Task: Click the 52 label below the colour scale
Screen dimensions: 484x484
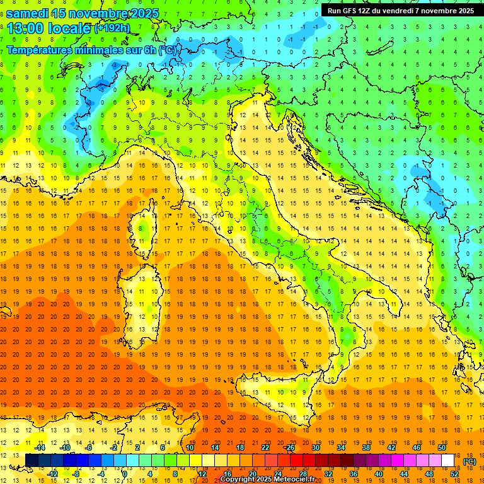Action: click(x=454, y=474)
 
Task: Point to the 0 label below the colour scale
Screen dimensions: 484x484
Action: click(x=125, y=474)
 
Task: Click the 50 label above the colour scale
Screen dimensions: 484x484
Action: click(x=442, y=447)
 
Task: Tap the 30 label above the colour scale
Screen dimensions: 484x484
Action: click(x=316, y=447)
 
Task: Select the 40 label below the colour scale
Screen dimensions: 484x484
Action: click(x=379, y=474)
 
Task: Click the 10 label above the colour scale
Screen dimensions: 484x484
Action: click(x=190, y=447)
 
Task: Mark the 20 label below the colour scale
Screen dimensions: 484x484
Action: click(x=253, y=474)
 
